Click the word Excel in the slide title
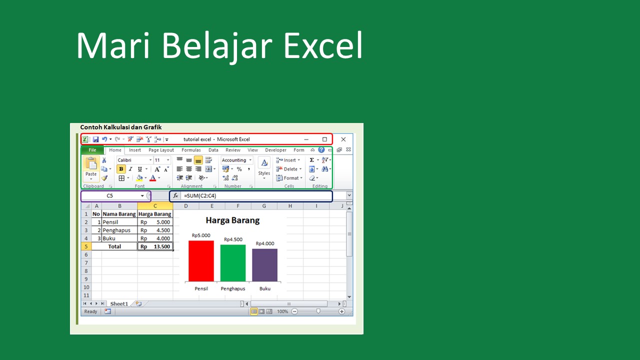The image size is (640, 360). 323,45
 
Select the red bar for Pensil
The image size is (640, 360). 201,261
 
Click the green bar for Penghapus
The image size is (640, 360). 233,263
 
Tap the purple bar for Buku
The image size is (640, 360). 264,265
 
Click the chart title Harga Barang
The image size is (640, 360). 232,220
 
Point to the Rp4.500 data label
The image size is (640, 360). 233,239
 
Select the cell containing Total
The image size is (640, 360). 115,246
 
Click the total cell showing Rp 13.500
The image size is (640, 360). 155,246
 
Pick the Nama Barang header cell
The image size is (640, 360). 119,214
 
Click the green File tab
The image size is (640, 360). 92,150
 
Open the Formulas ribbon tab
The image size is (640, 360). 191,150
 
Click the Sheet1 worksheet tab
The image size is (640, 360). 119,303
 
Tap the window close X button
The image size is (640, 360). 343,139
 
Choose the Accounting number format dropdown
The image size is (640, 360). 236,160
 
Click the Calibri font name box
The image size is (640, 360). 134,160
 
